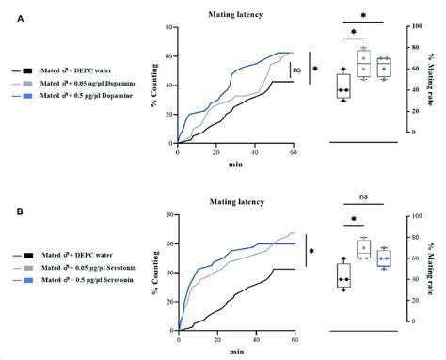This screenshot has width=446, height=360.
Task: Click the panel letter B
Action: click(7, 213)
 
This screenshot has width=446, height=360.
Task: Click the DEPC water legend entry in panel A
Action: click(80, 70)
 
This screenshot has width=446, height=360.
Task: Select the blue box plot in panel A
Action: click(383, 68)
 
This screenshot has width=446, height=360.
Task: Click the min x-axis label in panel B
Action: click(234, 348)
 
